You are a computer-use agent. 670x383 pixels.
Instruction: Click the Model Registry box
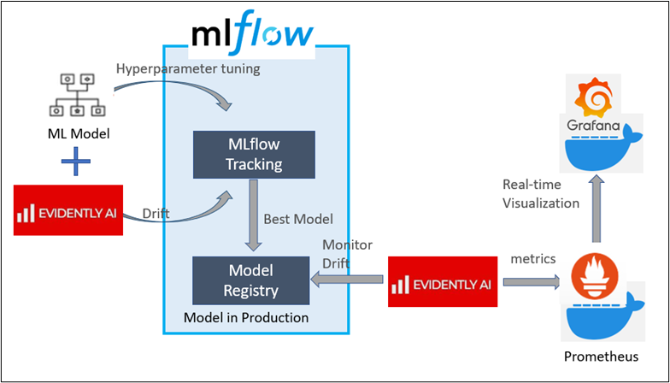(x=250, y=280)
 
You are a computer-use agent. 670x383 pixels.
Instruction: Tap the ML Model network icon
(x=77, y=95)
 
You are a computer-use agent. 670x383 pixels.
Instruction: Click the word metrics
(x=533, y=258)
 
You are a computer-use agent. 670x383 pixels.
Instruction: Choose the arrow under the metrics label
(x=531, y=280)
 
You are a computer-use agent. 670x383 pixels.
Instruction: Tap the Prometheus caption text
(x=598, y=355)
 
